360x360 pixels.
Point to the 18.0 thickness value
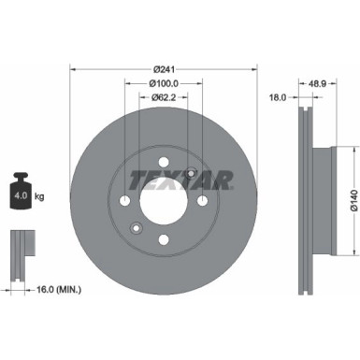tap(279, 96)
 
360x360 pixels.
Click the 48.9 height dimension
tap(319, 82)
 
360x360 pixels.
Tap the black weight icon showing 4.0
tap(22, 195)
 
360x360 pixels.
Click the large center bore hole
tap(163, 200)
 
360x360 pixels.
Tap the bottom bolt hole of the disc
tap(163, 240)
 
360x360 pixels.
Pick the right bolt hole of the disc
tap(202, 200)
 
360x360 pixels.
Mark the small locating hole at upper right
tap(191, 173)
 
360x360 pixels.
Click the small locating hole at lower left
tap(136, 228)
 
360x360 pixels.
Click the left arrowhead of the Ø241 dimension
tap(73, 69)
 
